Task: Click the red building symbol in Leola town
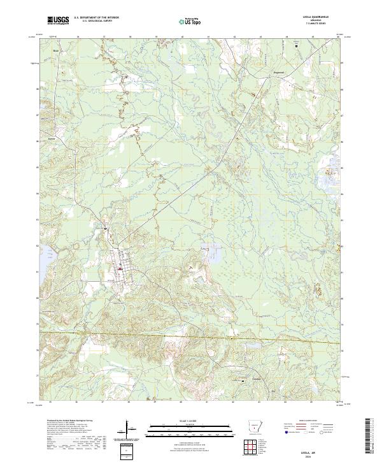[x=120, y=268]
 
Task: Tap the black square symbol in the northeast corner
[x=296, y=45]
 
